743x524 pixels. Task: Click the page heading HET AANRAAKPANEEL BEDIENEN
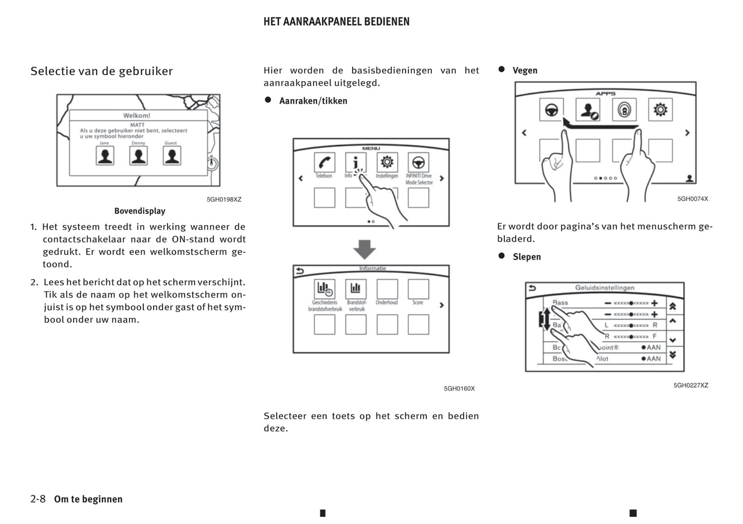336,22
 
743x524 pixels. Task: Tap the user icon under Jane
105,155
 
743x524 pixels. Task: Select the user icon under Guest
172,155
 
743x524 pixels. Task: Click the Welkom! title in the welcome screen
137,116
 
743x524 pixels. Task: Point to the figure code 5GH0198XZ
224,200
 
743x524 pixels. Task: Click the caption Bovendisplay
140,211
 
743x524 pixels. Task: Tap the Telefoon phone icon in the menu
324,162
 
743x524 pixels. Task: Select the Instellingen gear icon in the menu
387,162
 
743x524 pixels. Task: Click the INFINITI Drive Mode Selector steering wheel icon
418,162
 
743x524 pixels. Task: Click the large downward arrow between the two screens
365,249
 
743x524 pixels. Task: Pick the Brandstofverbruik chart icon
355,288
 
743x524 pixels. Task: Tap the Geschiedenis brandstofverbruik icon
324,288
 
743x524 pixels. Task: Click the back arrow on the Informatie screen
300,271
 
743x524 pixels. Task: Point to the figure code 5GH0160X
459,389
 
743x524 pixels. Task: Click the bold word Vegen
525,70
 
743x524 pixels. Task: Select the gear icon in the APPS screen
660,110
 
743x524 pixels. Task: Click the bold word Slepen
527,257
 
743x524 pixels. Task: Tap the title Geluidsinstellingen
605,288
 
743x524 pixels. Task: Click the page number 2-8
38,499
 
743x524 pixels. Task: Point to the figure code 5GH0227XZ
691,385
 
